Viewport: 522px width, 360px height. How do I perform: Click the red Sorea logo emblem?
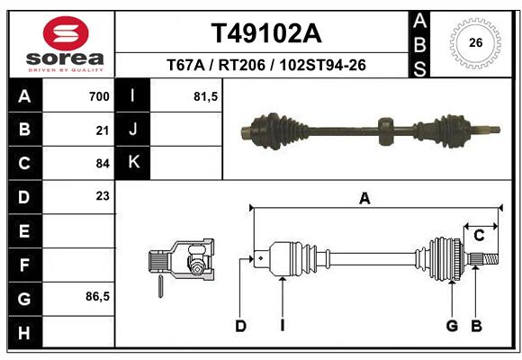[x=66, y=33]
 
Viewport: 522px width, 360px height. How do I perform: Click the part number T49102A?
[x=266, y=33]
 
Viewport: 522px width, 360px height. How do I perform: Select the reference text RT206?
[x=242, y=65]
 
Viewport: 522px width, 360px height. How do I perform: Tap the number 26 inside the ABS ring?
[x=476, y=42]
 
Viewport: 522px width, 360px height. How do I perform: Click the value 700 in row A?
[x=99, y=96]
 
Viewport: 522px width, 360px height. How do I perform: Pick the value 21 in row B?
[x=103, y=130]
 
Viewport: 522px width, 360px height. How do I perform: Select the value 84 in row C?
[x=103, y=164]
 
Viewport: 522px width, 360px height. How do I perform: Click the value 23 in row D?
[x=103, y=196]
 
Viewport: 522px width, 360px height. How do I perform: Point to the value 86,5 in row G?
[x=97, y=296]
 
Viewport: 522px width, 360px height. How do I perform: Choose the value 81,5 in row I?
[x=206, y=96]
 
